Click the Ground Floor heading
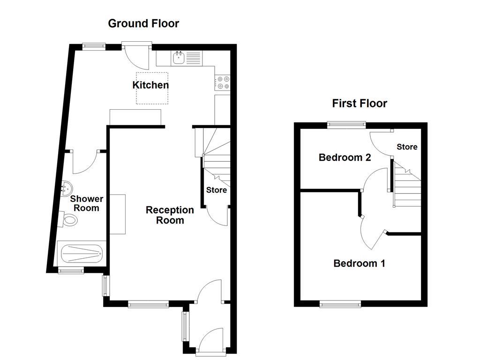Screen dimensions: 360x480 coord(143,23)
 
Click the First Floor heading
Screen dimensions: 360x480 coord(360,104)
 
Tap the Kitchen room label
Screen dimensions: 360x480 coord(150,85)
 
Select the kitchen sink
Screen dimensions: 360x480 coord(179,59)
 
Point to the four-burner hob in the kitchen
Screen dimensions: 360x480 coord(222,83)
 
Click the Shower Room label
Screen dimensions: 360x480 coord(86,203)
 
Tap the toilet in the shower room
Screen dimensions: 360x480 coord(70,219)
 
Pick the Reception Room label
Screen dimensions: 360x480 coord(170,215)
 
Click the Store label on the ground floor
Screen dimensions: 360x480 coord(217,190)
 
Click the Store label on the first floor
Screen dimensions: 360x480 coord(407,147)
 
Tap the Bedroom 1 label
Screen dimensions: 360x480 coord(359,263)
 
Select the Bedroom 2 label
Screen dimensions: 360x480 coord(345,157)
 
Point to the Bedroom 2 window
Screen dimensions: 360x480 coord(346,125)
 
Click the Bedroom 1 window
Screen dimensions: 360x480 coord(341,305)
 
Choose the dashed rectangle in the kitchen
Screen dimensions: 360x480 coord(152,88)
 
